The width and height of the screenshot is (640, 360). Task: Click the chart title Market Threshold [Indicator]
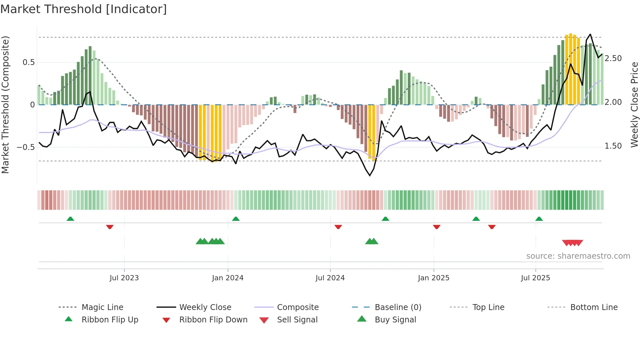coord(84,9)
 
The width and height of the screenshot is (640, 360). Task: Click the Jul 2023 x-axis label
coord(124,278)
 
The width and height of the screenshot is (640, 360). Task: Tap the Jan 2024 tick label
coord(228,278)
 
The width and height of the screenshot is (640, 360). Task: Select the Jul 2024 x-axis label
coord(330,278)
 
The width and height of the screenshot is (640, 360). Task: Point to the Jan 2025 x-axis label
coord(434,278)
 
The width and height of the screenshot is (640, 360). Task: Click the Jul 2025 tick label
coord(536,278)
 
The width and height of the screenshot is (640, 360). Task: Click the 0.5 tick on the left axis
coord(29,62)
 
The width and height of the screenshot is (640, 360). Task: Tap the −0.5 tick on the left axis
coord(26,147)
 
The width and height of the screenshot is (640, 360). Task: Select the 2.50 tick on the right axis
coord(613,58)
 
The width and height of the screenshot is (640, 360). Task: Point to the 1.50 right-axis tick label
coord(613,146)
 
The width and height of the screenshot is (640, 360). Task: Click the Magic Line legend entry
coord(102,307)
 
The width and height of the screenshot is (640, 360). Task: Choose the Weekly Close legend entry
coord(205,307)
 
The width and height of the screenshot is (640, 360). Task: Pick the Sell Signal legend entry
coord(297,320)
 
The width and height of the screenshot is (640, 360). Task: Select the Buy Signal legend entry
coord(395,320)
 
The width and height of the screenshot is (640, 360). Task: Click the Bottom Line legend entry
coord(594,307)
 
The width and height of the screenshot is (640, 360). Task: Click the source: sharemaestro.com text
coord(578,256)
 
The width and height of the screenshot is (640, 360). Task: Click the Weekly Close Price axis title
coord(634,105)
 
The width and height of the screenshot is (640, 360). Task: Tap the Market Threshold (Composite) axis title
coord(5,105)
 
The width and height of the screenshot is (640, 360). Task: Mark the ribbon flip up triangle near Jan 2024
coord(236,219)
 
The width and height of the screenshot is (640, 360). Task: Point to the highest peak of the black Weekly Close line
coord(590,34)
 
